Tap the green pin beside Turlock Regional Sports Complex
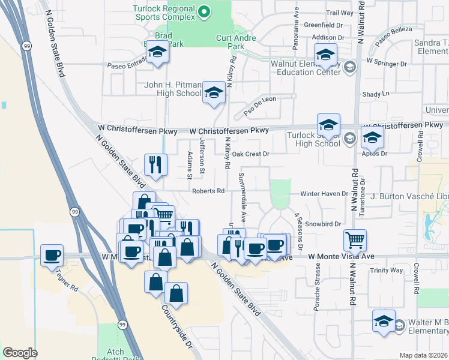coord(204,11)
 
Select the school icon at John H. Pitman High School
coord(212,92)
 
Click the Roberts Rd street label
coord(208,191)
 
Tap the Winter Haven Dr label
coord(324,194)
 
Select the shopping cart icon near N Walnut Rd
coord(355,240)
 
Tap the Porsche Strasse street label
coord(316,291)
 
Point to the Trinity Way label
coord(387,270)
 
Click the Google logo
coord(20,352)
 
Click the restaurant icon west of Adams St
coord(155,164)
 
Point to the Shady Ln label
coord(376,94)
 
